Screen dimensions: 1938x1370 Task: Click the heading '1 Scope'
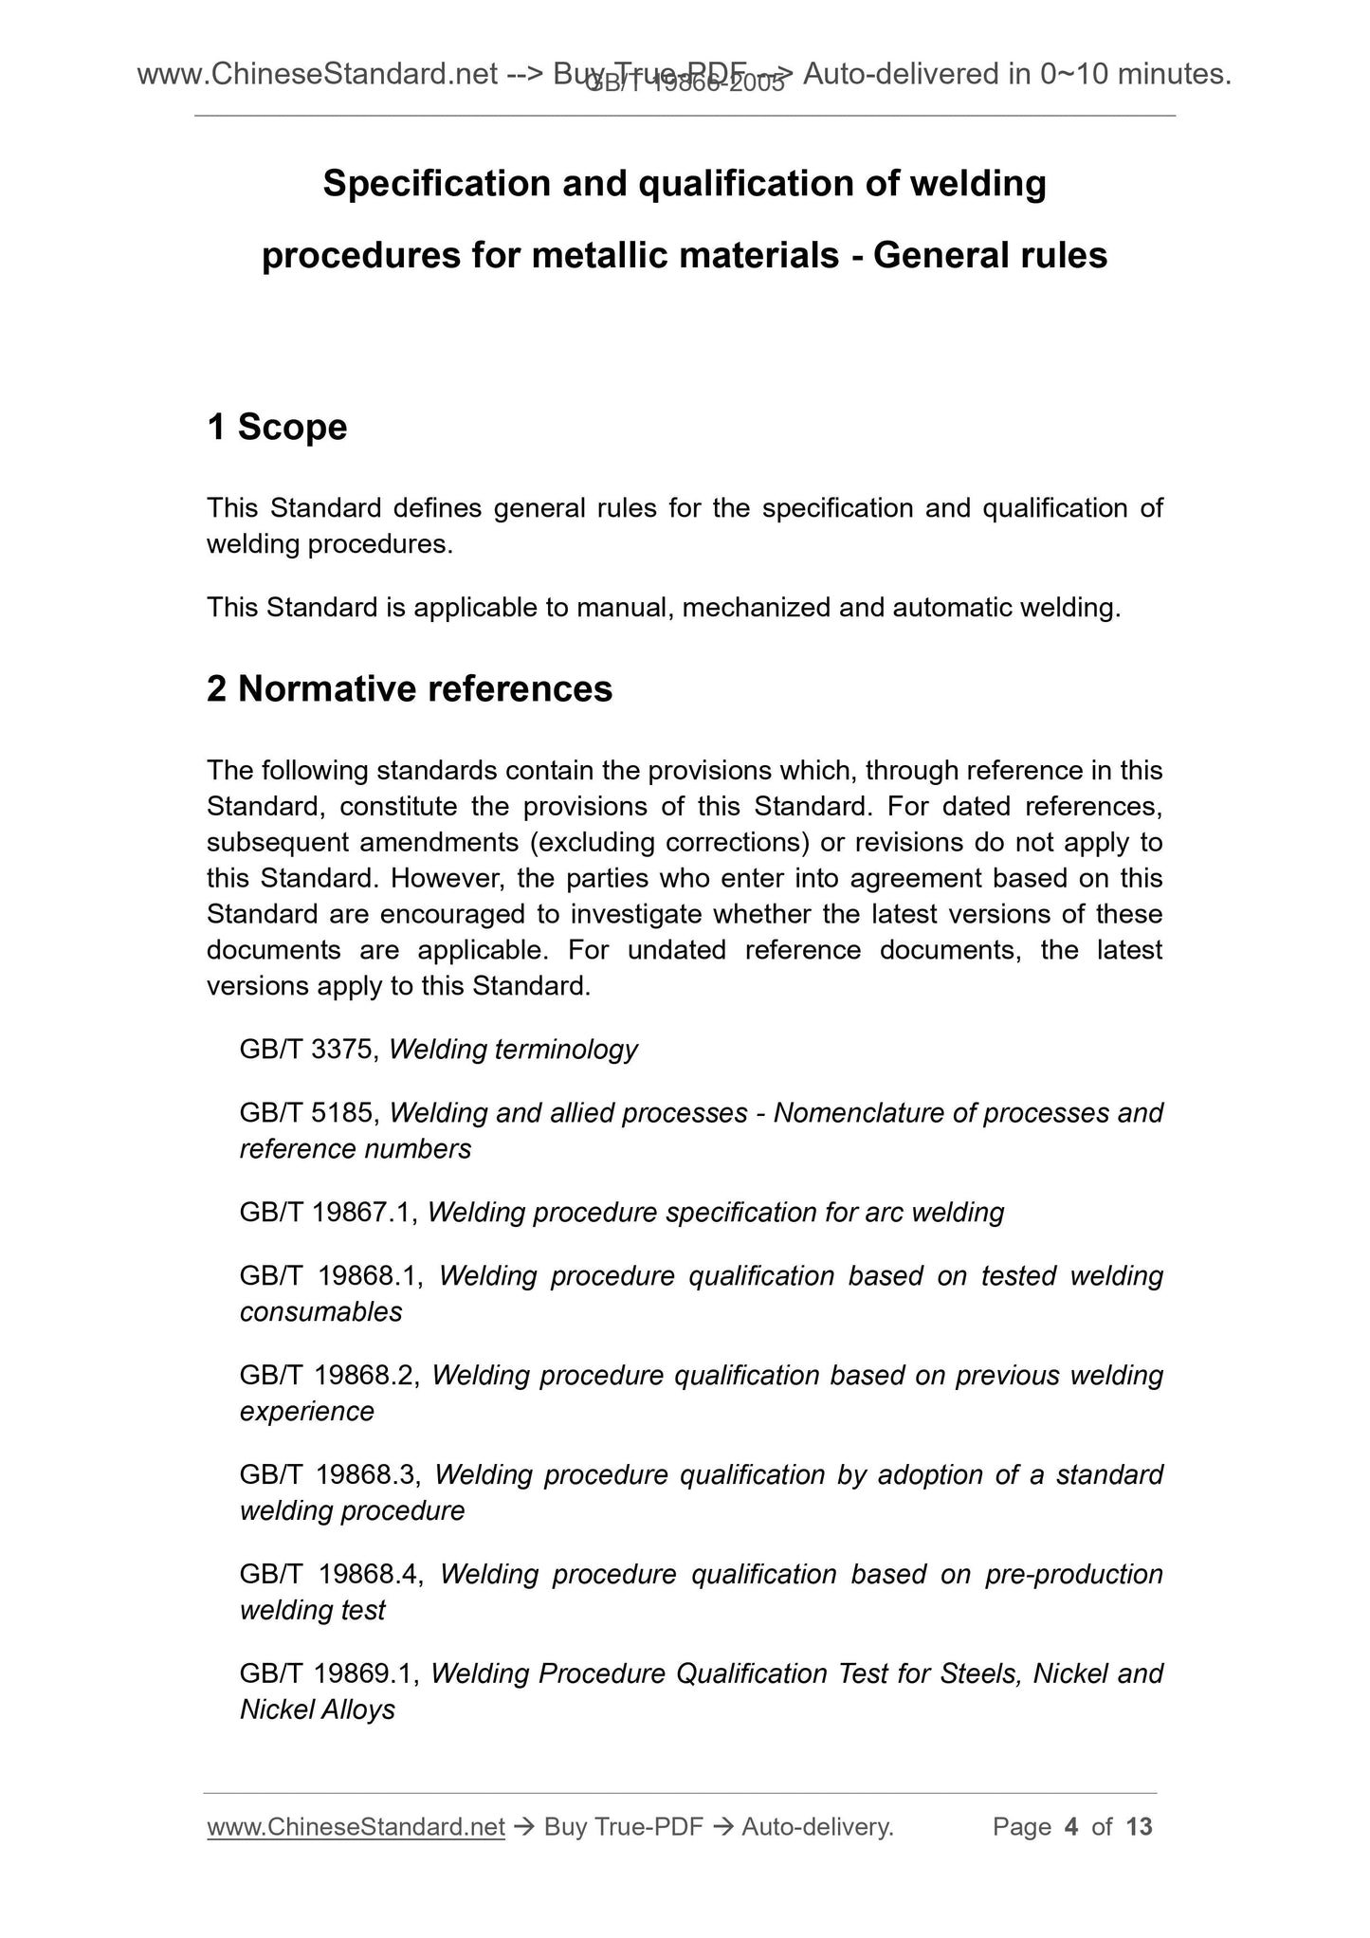(x=277, y=428)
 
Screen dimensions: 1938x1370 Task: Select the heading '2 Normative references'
(x=410, y=689)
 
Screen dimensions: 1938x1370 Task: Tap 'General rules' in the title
(x=990, y=256)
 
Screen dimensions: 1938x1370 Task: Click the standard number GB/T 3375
(x=310, y=1050)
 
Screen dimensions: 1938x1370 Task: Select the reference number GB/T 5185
(x=310, y=1113)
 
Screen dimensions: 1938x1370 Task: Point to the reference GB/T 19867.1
(x=329, y=1213)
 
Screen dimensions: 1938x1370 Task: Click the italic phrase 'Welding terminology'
(x=513, y=1050)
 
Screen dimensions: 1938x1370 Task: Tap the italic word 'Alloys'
(x=357, y=1710)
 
